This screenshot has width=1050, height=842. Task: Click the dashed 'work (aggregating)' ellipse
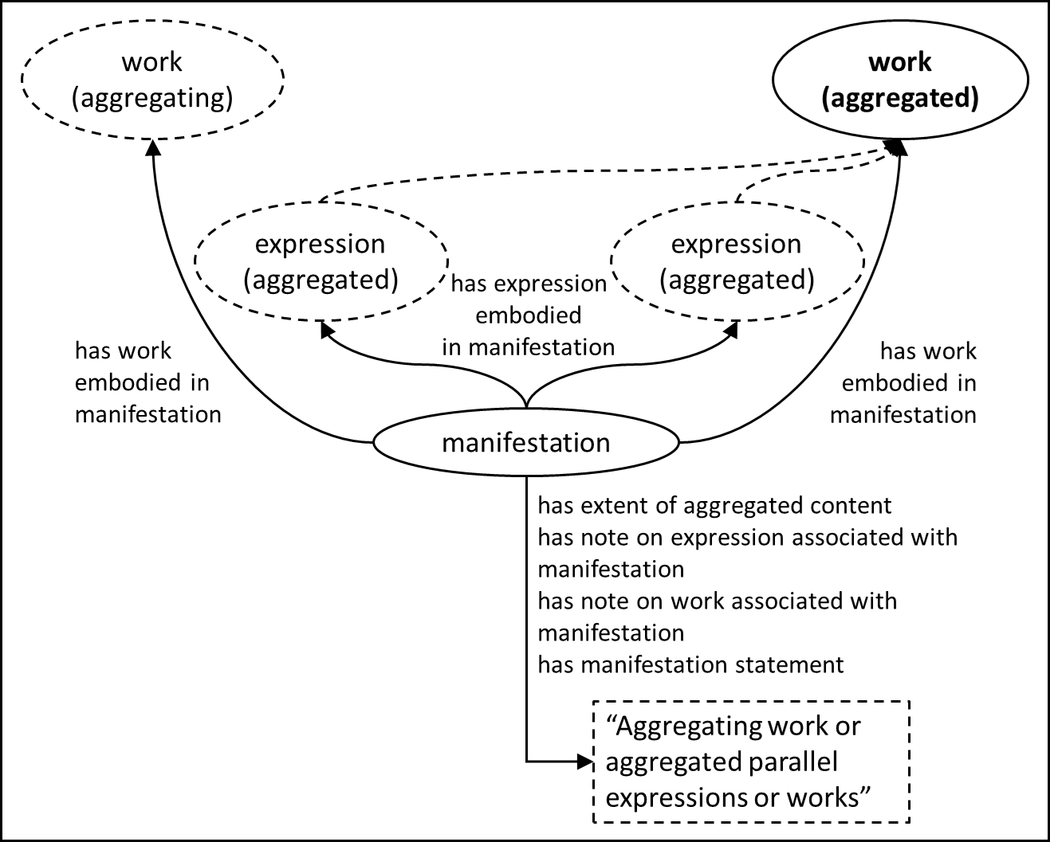[152, 79]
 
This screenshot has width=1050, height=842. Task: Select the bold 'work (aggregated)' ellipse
[900, 79]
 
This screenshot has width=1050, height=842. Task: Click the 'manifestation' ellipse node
[526, 442]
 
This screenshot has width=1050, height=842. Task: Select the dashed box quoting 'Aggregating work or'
[751, 762]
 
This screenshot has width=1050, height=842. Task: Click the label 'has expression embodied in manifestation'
[528, 315]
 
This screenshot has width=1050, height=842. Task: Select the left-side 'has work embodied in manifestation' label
[147, 383]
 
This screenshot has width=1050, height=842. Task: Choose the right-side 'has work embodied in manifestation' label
[904, 383]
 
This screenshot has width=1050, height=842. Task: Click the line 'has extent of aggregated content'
[714, 506]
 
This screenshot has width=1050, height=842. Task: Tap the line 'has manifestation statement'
[690, 665]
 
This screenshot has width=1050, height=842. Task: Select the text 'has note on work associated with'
[717, 601]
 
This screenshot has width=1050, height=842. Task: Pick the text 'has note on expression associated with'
[747, 538]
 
